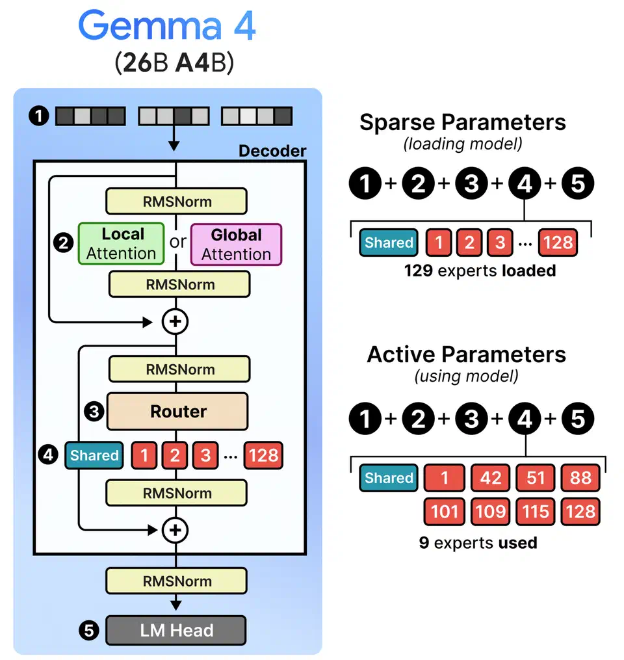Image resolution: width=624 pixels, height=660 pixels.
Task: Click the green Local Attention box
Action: tap(121, 244)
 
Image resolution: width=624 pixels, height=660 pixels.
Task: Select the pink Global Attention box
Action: tap(236, 244)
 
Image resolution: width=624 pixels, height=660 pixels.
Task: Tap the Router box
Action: tap(178, 412)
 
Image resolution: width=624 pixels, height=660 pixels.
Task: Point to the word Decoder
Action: tap(272, 151)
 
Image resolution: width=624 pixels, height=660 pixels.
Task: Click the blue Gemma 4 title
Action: tap(167, 26)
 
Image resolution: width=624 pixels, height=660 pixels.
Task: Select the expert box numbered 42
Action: tap(490, 478)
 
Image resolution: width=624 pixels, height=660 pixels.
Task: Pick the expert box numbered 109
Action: tap(490, 512)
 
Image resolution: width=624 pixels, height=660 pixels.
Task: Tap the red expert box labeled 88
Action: tap(580, 478)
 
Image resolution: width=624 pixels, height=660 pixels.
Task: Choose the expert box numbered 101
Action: tap(445, 512)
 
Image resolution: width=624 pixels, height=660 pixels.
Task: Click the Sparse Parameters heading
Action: tap(462, 122)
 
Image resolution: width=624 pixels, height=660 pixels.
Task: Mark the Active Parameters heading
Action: tap(466, 354)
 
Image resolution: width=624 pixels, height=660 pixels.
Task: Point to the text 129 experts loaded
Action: tap(480, 271)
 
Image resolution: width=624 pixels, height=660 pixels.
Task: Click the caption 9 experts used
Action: tap(478, 542)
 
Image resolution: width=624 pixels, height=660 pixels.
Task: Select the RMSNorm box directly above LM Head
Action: tap(177, 581)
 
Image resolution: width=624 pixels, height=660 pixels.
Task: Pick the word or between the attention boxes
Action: tap(177, 243)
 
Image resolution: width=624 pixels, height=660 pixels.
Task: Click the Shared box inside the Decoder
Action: tap(94, 455)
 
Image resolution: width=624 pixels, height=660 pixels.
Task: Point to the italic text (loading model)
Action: tap(462, 144)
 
